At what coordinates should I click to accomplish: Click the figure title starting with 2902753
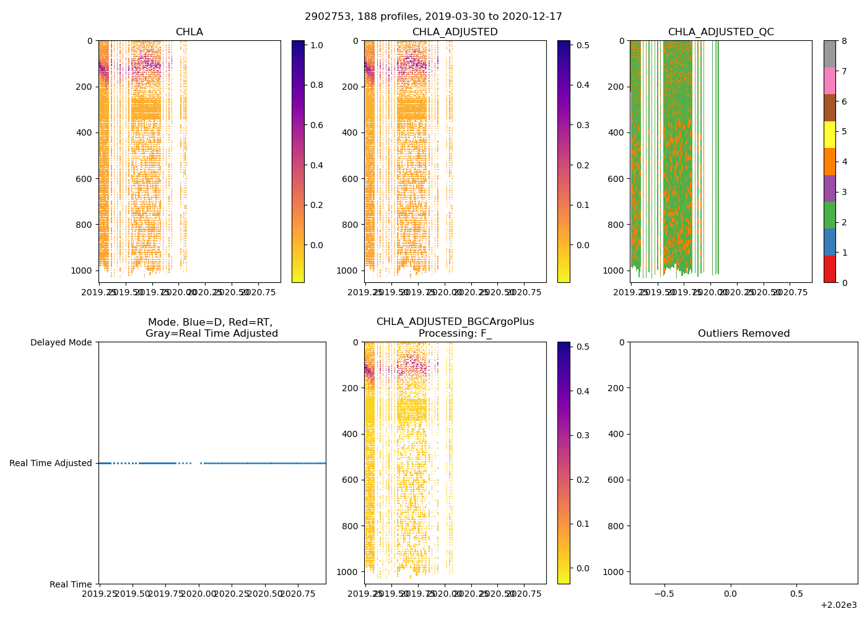click(x=434, y=17)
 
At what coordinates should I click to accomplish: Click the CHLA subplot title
click(x=189, y=32)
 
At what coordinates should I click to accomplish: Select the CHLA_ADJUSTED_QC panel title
click(x=721, y=32)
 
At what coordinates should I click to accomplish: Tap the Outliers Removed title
click(x=744, y=334)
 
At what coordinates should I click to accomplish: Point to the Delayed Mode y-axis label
click(x=61, y=342)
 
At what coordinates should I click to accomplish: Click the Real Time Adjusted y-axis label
click(x=50, y=463)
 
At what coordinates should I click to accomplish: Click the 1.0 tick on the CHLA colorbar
click(x=316, y=45)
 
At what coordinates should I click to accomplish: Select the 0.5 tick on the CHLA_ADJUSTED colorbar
click(x=582, y=45)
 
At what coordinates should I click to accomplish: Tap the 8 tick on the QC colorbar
click(x=844, y=41)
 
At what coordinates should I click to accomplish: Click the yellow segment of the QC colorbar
click(x=830, y=134)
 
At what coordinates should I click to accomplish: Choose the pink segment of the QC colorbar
click(x=830, y=80)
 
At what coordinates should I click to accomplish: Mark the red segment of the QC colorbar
click(x=830, y=269)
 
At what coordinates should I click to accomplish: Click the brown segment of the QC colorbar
click(x=830, y=108)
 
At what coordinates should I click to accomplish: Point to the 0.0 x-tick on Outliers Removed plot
click(x=731, y=594)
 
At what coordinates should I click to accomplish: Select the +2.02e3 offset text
click(x=839, y=605)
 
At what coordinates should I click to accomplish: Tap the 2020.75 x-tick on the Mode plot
click(x=298, y=594)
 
